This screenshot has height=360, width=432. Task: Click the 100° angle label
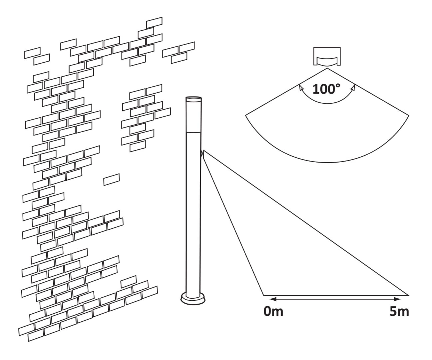click(x=326, y=89)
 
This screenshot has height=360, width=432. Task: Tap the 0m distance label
click(x=273, y=312)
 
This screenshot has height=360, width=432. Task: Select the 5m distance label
click(x=399, y=312)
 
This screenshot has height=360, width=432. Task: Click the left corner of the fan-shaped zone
click(x=246, y=115)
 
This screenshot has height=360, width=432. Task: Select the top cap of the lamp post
click(x=194, y=99)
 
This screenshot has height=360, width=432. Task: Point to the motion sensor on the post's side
click(x=202, y=154)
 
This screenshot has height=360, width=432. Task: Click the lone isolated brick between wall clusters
click(x=112, y=179)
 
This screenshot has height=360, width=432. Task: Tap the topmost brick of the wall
click(x=154, y=23)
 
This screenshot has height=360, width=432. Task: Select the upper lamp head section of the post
click(x=194, y=117)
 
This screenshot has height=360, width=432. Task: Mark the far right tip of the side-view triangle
click(x=408, y=295)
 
